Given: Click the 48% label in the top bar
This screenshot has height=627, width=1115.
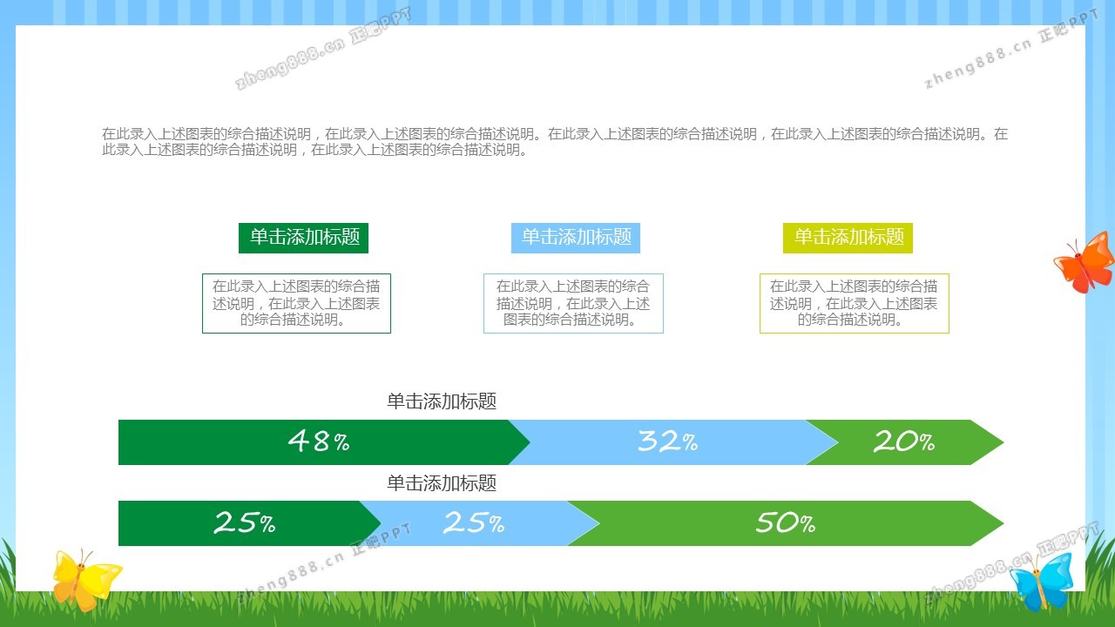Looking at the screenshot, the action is coord(319,441).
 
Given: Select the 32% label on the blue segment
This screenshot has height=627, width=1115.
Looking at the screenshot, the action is coord(668,441).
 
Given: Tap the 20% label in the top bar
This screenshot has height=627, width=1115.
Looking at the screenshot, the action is coord(904,441).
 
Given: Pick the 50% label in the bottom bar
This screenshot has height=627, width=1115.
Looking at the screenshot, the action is coord(786,522).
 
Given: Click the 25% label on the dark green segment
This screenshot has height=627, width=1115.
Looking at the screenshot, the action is coord(245,522).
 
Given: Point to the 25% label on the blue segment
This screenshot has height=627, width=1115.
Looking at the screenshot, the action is coord(474,522).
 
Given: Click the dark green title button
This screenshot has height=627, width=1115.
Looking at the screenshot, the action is coord(304,238).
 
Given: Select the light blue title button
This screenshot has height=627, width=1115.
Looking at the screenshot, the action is coord(576,238).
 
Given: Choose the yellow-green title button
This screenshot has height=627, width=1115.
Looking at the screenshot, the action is coord(848,238).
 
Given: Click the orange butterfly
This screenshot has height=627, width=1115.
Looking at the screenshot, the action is coord(1085,263).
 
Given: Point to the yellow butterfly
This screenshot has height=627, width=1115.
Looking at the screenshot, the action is coord(84,580).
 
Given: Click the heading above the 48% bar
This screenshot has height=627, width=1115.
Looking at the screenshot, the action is coord(442,401).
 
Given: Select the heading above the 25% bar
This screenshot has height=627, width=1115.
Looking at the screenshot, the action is coord(442,482).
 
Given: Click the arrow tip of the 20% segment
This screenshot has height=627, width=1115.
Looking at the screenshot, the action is coord(1003,442).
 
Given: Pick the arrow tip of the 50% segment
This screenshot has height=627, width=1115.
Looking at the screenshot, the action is coord(1003,523).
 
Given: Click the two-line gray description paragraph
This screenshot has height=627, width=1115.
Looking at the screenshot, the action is coord(555,142).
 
